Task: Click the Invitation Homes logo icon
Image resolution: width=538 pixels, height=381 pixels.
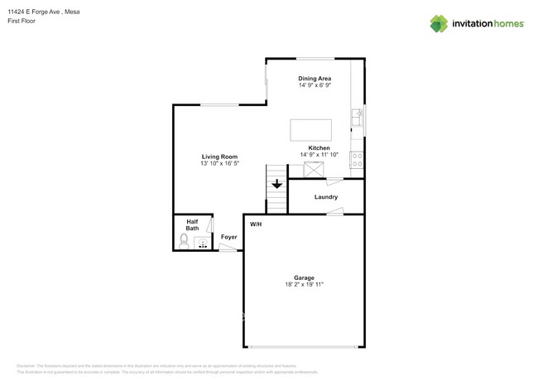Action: tap(439, 24)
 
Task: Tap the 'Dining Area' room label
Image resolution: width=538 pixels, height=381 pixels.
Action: tap(315, 79)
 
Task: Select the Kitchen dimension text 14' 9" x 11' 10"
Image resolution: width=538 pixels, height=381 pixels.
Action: tap(319, 155)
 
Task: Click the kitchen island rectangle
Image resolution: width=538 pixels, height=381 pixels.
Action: tap(310, 130)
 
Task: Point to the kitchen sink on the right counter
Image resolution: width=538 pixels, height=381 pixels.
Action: tap(356, 118)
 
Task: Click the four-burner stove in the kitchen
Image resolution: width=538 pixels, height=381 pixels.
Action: tap(357, 160)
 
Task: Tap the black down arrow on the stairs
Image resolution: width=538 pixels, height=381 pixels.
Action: tap(276, 184)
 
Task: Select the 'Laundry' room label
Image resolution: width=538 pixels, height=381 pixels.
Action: tap(326, 197)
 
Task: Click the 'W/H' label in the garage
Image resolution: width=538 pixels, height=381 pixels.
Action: tap(256, 224)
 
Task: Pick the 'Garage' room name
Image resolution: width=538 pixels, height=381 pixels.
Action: tap(304, 277)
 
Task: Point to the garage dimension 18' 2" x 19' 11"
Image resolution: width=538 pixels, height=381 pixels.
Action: tap(304, 285)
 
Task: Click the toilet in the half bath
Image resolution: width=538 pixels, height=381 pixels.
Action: tap(184, 241)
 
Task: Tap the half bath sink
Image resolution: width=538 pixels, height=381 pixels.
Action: tap(203, 244)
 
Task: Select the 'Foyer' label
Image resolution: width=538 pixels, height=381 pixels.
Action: tap(228, 237)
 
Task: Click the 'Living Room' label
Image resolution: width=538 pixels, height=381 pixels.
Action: tap(219, 157)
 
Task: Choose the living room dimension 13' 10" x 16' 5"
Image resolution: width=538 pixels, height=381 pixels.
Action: tap(219, 164)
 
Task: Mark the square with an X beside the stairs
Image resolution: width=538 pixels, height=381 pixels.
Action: tap(314, 170)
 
